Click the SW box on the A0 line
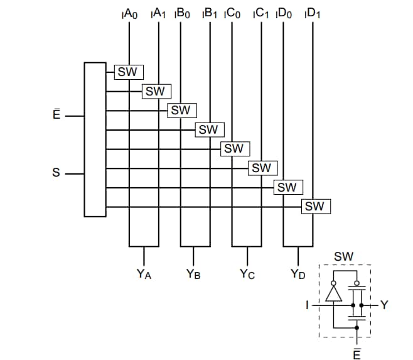point(128,72)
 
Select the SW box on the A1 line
point(155,91)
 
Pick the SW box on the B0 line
point(181,111)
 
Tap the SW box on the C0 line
point(233,149)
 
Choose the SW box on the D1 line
point(315,206)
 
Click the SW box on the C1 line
point(261,168)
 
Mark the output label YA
point(144,274)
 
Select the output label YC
point(247,274)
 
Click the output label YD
point(298,274)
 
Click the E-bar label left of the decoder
point(56,115)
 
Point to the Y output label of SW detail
point(385,305)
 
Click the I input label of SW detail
point(307,305)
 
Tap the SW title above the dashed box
point(343,256)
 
